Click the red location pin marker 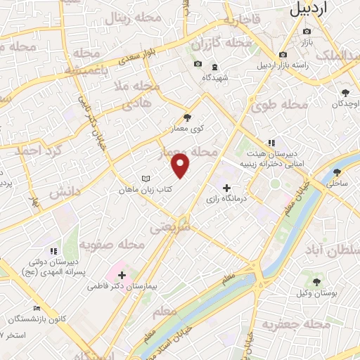click(181, 166)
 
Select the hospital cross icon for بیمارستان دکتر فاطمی click(122, 275)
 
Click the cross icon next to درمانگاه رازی click(226, 188)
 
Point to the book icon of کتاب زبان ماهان click(146, 179)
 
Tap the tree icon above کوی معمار click(186, 118)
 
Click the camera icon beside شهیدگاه click(198, 65)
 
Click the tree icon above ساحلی click(337, 172)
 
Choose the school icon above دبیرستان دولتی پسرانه click(53, 251)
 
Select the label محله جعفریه click(295, 323)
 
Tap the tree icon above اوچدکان click(345, 93)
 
